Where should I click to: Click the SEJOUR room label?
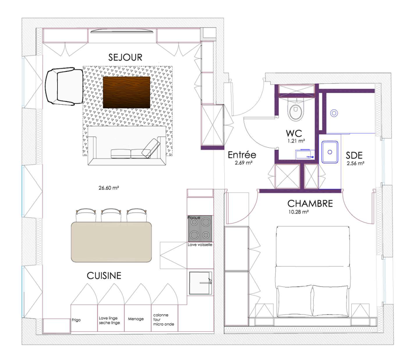[x=125, y=57]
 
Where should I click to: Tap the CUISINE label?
[x=104, y=276]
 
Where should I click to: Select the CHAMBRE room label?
[x=310, y=203]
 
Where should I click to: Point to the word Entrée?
[x=242, y=155]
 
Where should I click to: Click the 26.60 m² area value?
[x=109, y=188]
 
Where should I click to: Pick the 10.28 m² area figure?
[x=298, y=212]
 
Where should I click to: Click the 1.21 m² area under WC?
[x=296, y=141]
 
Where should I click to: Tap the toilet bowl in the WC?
[x=296, y=110]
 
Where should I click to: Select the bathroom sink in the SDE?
[x=330, y=152]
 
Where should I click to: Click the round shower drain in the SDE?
[x=334, y=113]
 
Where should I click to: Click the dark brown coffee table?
[x=126, y=92]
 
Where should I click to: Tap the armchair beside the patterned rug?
[x=64, y=86]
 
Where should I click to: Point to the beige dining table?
[x=112, y=242]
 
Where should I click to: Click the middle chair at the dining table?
[x=111, y=215]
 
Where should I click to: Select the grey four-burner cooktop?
[x=200, y=229]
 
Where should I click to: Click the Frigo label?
[x=76, y=320]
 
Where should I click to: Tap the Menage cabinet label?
[x=136, y=319]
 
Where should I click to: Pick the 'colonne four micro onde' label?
[x=164, y=320]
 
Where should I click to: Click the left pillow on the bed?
[x=293, y=301]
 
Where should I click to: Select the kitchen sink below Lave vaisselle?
[x=200, y=283]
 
